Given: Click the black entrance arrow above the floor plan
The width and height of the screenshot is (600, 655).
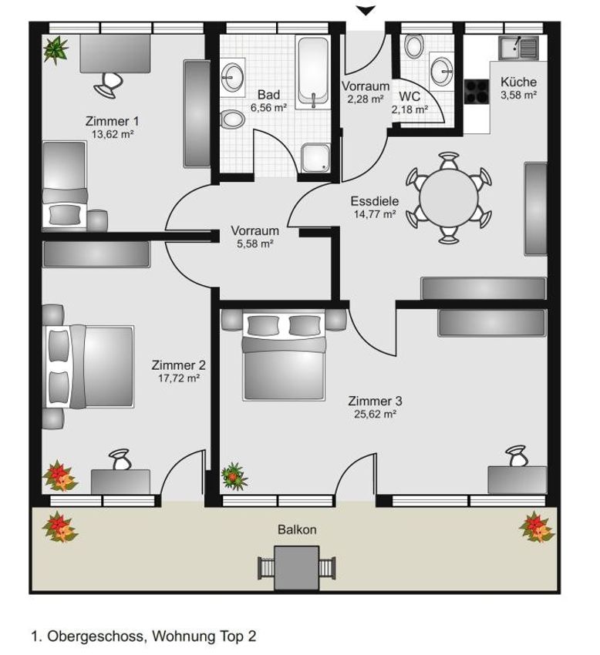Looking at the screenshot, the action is (x=366, y=11).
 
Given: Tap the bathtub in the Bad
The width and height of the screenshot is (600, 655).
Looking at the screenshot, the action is (x=313, y=72).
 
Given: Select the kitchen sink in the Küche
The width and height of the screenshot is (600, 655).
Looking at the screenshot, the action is (x=518, y=48).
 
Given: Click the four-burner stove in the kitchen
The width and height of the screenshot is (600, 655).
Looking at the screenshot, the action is (x=477, y=92).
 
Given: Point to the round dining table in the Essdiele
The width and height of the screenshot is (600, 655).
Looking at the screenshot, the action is (x=449, y=198).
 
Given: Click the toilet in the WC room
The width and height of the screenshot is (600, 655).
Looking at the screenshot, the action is (x=414, y=45).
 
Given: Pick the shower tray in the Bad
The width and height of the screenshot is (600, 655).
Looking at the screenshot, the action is (x=315, y=157).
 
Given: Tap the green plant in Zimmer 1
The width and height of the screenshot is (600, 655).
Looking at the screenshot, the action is (x=56, y=50).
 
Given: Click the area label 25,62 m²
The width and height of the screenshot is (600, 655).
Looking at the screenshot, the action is (x=375, y=415).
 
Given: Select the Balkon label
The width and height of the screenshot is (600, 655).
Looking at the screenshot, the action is (x=297, y=529).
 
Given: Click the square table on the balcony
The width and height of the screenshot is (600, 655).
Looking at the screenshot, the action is (x=297, y=568).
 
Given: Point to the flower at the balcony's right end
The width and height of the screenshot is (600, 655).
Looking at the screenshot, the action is (x=537, y=527).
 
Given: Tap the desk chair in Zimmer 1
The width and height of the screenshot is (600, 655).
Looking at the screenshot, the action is (x=108, y=85).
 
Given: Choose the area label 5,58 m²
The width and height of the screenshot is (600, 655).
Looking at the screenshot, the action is (x=255, y=244).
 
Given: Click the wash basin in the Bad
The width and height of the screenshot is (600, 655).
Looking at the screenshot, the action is (x=232, y=77).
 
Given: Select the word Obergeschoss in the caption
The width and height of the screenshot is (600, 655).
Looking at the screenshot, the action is (x=96, y=637).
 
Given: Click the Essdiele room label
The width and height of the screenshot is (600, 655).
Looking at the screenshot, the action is (x=375, y=201).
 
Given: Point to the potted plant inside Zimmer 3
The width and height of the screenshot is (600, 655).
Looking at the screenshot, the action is (x=234, y=476).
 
